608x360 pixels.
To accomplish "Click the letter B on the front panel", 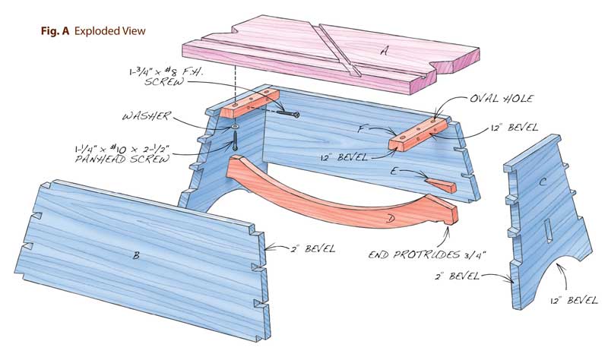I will click(x=136, y=256).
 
